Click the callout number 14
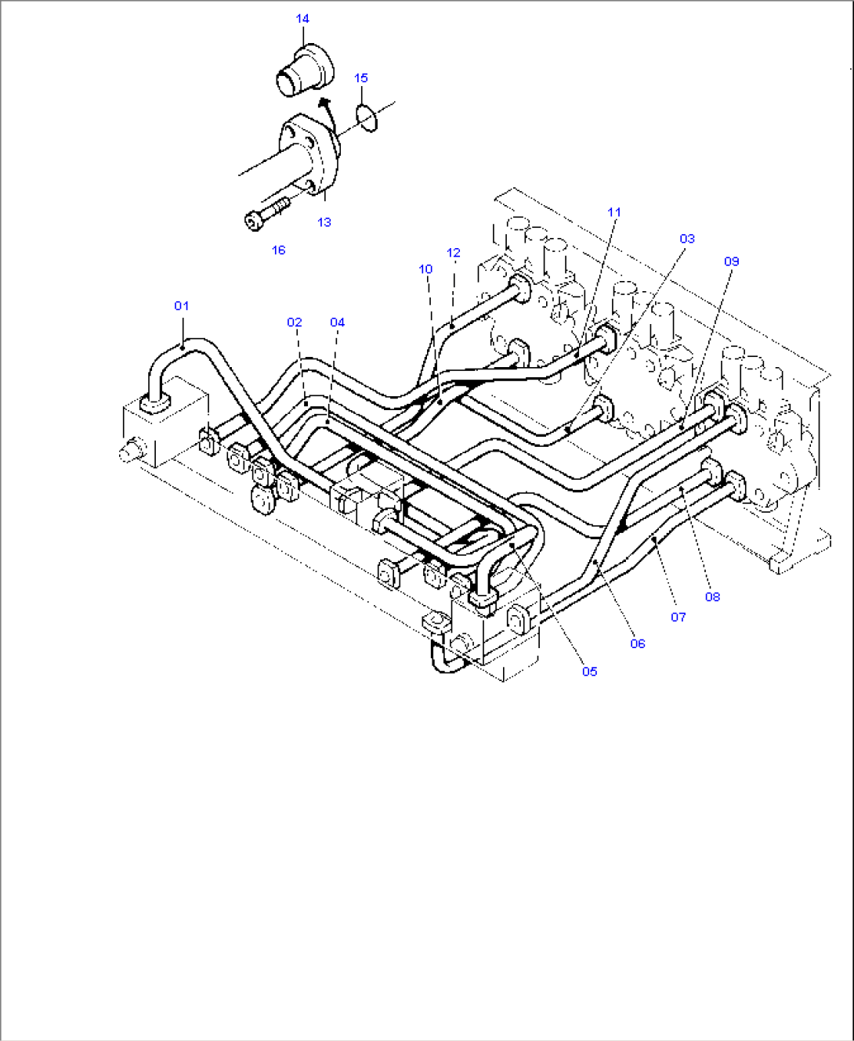[x=302, y=19]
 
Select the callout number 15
[x=360, y=78]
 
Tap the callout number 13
[x=324, y=222]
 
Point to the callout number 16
[x=278, y=250]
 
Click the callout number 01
[x=181, y=306]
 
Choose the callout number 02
[x=294, y=322]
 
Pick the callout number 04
[x=337, y=322]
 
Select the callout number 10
[x=425, y=269]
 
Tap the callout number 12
[x=453, y=253]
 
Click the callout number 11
[x=613, y=212]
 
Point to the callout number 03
[x=686, y=239]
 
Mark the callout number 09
[x=731, y=261]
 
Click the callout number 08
[x=711, y=597]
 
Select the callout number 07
[x=678, y=618]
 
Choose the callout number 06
[x=637, y=644]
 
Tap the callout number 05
[x=589, y=672]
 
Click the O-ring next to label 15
[x=367, y=117]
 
